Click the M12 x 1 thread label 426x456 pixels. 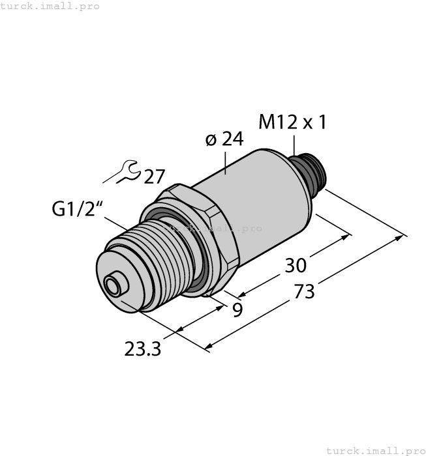pyautogui.click(x=292, y=122)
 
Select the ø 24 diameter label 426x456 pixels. pyautogui.click(x=223, y=139)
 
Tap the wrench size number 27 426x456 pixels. pyautogui.click(x=155, y=177)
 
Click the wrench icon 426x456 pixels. pyautogui.click(x=124, y=173)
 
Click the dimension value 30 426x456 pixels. pyautogui.click(x=296, y=265)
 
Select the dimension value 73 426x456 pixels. pyautogui.click(x=304, y=291)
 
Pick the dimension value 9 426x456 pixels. pyautogui.click(x=237, y=309)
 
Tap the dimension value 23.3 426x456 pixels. pyautogui.click(x=143, y=349)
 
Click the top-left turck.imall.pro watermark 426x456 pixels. pyautogui.click(x=50, y=6)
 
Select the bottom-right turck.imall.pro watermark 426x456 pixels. pyautogui.click(x=374, y=450)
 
